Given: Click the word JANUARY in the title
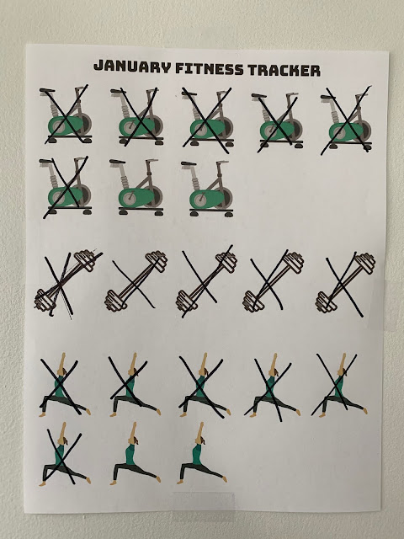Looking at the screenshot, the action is click(132, 67).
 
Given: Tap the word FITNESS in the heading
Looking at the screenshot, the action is click(210, 69).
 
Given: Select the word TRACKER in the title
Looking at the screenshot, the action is click(284, 70).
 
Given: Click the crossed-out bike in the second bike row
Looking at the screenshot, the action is click(66, 186).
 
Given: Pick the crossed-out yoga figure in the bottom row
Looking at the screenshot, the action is click(64, 454).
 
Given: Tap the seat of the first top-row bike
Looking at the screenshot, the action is click(47, 91).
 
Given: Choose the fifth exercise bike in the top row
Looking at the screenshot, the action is click(346, 121).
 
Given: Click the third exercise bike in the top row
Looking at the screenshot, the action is click(208, 118).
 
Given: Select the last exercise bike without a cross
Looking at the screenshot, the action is click(207, 189).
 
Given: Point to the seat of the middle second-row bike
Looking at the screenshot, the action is click(118, 162).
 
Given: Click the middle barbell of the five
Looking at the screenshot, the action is click(207, 281).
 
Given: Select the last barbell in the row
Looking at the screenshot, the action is click(345, 283).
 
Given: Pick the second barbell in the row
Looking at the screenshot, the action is click(136, 280).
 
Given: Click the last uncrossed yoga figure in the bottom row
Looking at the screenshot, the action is click(202, 453).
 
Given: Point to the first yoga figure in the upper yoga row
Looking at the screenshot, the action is click(64, 384).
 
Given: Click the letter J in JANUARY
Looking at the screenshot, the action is click(98, 66).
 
